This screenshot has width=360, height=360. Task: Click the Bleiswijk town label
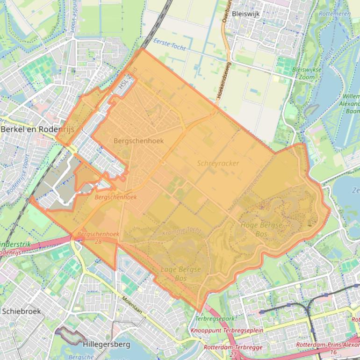(x=245, y=14)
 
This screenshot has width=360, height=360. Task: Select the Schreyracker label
(x=218, y=163)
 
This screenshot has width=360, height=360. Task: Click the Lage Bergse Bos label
(x=180, y=274)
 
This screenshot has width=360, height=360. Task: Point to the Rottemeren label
(x=335, y=14)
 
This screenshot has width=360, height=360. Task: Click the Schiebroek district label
(x=22, y=311)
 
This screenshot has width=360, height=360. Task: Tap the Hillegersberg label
(x=106, y=345)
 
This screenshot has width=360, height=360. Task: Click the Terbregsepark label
(x=215, y=319)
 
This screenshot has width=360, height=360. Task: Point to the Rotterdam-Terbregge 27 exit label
(x=233, y=351)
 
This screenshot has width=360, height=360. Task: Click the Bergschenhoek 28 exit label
(x=98, y=238)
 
